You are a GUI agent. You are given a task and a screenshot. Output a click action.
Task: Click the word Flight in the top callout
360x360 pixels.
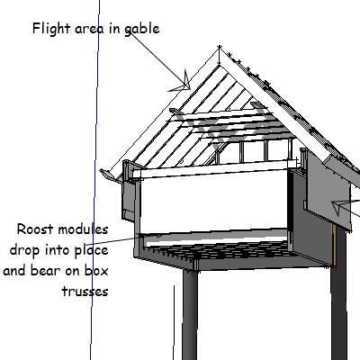coord(51,29)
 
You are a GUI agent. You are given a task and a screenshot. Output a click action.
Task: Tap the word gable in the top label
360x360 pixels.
coord(142,29)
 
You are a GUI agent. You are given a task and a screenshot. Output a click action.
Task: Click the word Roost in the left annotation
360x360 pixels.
coord(35,229)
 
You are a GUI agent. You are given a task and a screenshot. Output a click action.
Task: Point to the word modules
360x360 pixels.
coord(83,229)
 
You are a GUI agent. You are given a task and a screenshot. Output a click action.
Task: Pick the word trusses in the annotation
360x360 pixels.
coord(85,292)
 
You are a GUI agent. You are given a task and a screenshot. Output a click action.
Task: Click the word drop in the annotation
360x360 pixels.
coord(24,251)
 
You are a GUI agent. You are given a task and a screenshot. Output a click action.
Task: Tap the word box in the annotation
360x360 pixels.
coord(96,271)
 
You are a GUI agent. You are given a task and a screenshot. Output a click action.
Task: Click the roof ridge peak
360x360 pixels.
coord(220,47)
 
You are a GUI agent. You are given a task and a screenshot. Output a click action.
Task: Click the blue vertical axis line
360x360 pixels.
coord(95,180)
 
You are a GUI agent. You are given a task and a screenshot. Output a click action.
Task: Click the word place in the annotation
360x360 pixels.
coord(91,251)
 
